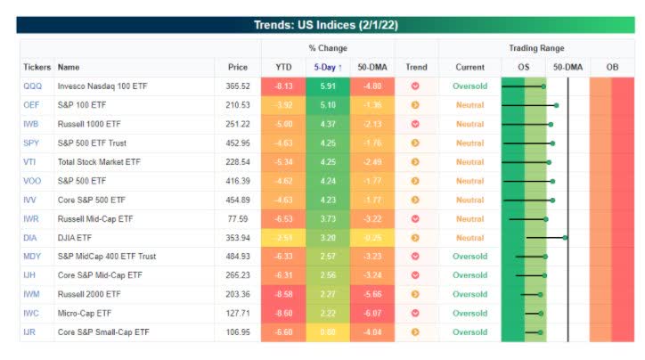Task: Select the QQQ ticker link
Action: click(x=32, y=86)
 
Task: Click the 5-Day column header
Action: click(x=327, y=67)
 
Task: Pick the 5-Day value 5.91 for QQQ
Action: click(x=327, y=86)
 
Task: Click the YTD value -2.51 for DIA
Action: click(x=282, y=238)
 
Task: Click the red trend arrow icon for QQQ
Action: click(x=415, y=86)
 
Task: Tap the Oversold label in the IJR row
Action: click(x=469, y=331)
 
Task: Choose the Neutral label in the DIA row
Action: click(x=469, y=238)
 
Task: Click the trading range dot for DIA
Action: click(x=565, y=238)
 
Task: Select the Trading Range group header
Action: click(x=535, y=48)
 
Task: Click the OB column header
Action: click(x=612, y=67)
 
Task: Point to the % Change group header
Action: click(x=327, y=48)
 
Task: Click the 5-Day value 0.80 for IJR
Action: click(x=327, y=331)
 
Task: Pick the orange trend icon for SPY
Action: click(x=415, y=143)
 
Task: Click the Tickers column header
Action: click(x=37, y=67)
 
